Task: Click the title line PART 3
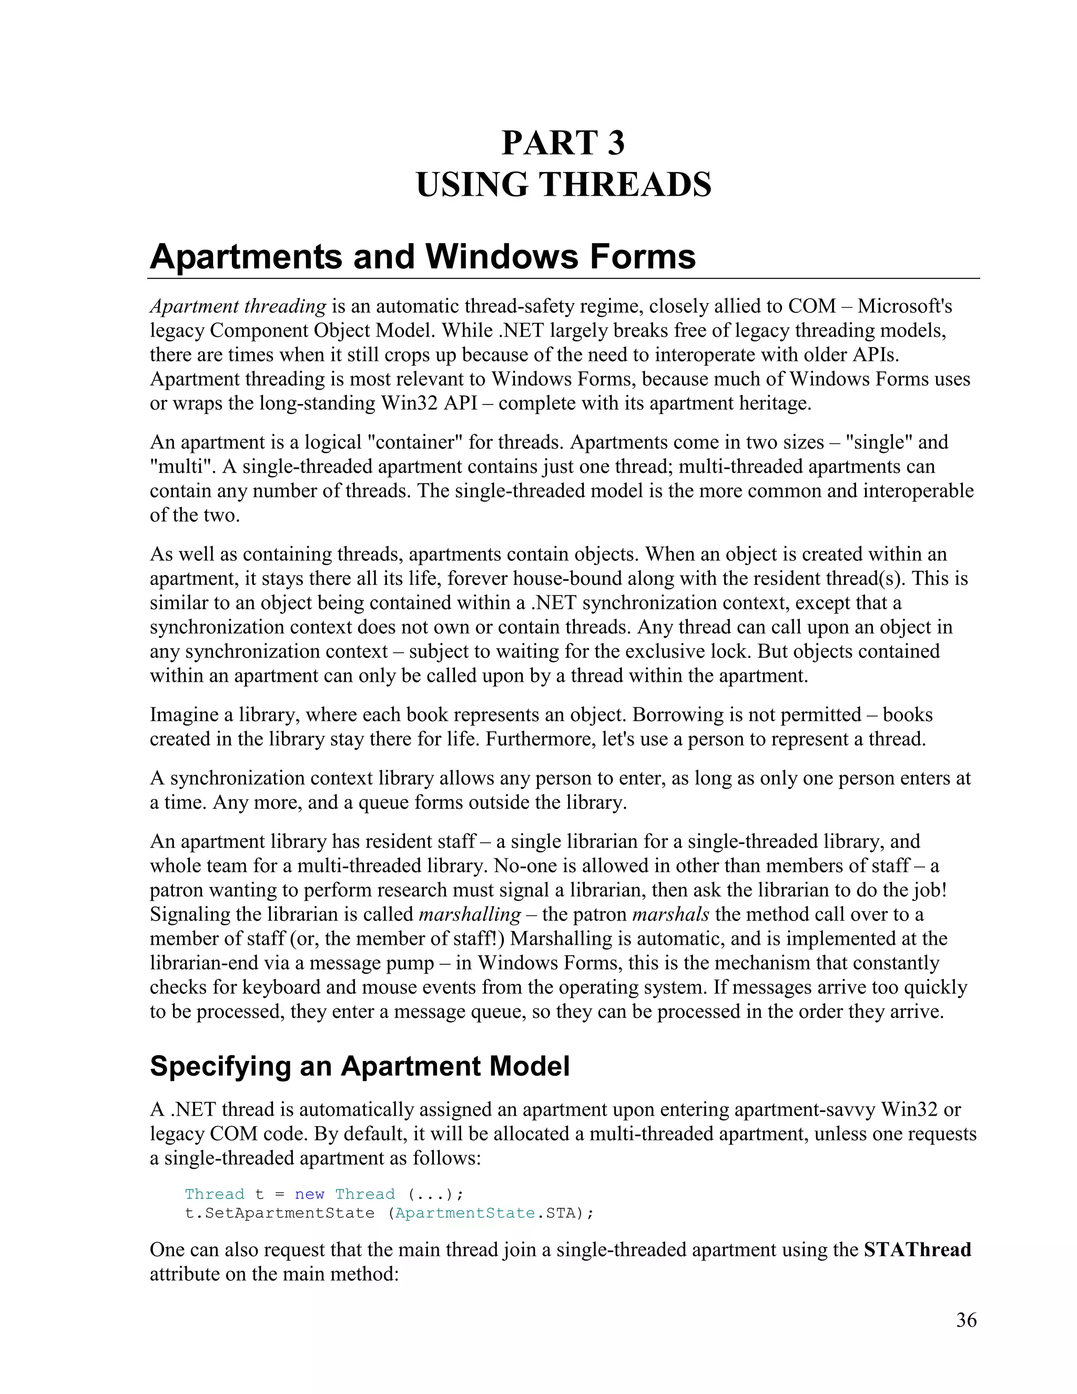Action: pos(563,143)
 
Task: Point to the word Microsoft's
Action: pos(904,306)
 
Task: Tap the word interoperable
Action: pos(918,491)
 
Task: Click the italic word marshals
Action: pos(670,914)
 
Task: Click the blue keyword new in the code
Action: pos(309,1194)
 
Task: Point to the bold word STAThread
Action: pos(917,1250)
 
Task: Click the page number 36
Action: pos(966,1320)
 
